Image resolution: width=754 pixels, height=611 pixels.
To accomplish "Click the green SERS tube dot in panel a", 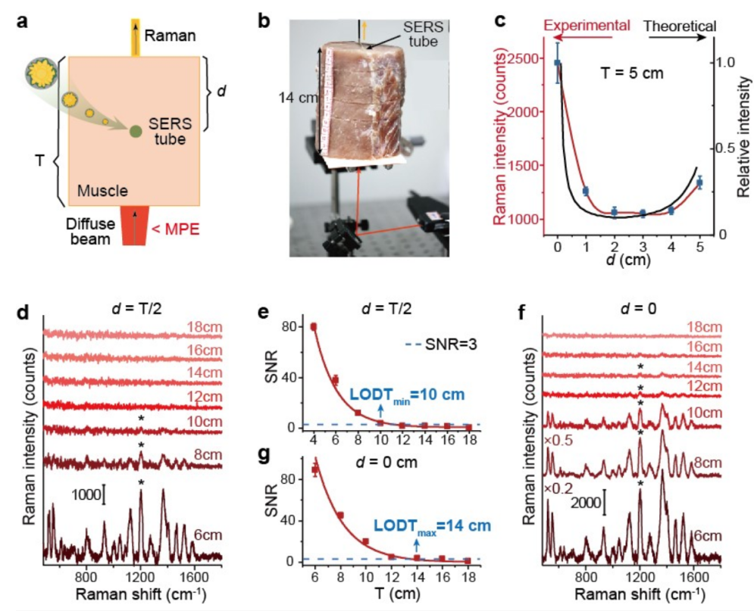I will (135, 132).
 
